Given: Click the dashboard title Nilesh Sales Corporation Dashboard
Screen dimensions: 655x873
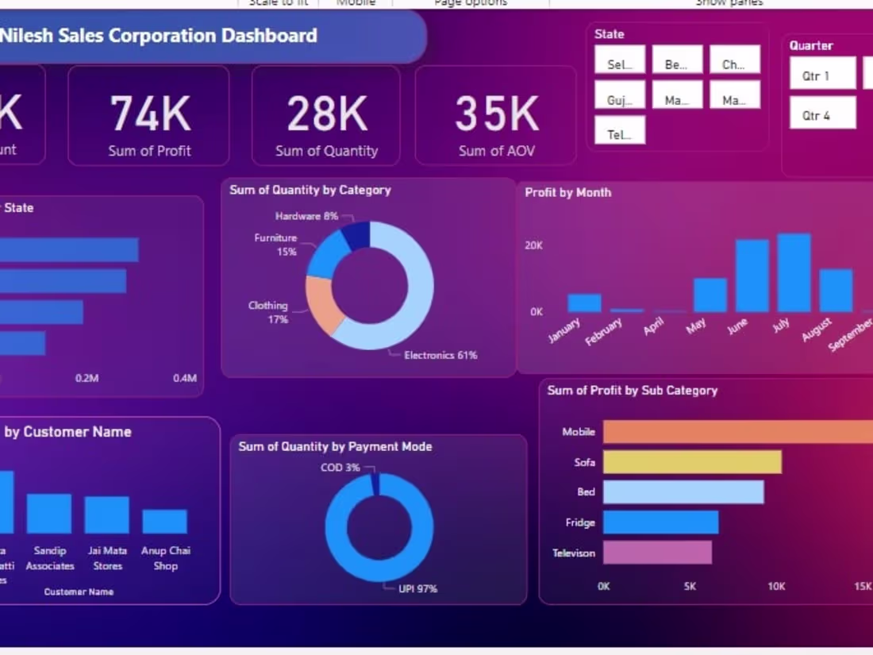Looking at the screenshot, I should click(159, 36).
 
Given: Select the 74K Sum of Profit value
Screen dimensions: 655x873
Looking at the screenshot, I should click(150, 114).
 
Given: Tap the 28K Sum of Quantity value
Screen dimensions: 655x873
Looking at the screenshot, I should click(326, 114).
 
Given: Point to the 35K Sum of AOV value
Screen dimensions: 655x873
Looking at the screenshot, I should click(496, 114).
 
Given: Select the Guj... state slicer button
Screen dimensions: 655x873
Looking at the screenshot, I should click(620, 100).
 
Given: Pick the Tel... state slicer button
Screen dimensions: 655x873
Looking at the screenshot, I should click(620, 134).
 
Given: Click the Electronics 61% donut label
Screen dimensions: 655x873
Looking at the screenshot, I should click(440, 355).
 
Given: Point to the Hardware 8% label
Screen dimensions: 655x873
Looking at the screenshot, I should click(306, 216).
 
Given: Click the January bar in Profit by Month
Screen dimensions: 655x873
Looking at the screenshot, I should click(584, 302).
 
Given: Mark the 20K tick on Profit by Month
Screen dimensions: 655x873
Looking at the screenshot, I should click(533, 246).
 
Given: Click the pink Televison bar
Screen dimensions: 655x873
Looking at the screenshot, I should click(657, 553).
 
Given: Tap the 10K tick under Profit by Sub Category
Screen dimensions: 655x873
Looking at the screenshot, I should click(775, 587).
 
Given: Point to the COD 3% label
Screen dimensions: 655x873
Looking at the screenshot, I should click(340, 468).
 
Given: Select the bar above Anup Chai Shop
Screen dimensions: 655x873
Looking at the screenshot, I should click(165, 522).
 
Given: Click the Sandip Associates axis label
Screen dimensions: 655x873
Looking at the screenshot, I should click(50, 558).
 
